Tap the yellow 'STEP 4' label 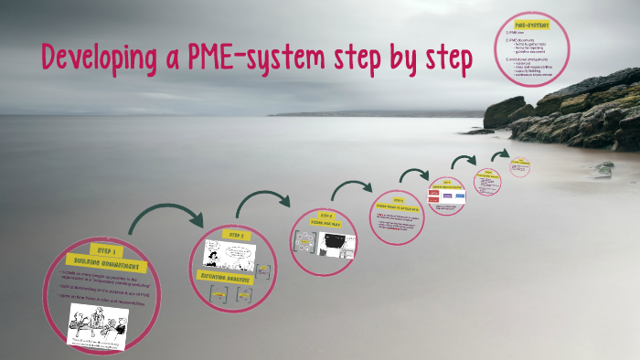[x=399, y=198]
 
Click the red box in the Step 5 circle [x=436, y=196]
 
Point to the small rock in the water [x=603, y=169]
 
